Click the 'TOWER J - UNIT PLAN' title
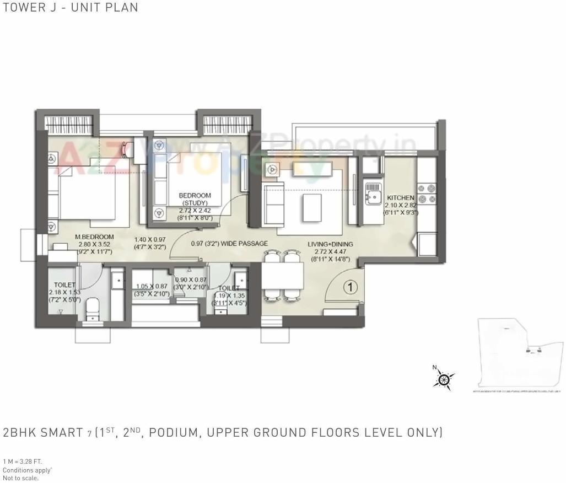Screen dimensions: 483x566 click(x=69, y=7)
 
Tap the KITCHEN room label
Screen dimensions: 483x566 click(x=401, y=197)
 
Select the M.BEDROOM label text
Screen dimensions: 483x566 click(x=94, y=237)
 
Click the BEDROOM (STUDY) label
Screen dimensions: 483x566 click(x=195, y=199)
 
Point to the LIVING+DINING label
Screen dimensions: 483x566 click(x=330, y=244)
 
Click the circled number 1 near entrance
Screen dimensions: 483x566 click(x=349, y=287)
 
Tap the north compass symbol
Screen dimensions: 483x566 click(x=444, y=379)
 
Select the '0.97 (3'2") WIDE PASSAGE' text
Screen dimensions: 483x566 click(x=229, y=244)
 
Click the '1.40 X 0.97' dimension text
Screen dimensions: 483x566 click(x=150, y=240)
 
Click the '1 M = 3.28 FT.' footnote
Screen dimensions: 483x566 click(x=23, y=461)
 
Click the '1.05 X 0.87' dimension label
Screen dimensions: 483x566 click(x=152, y=286)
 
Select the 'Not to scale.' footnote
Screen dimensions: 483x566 click(x=21, y=478)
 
